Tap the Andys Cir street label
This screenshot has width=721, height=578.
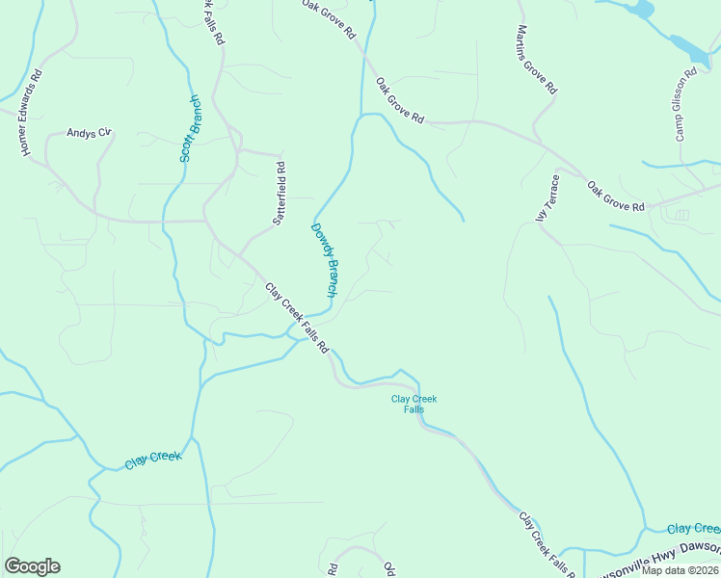pos(90,134)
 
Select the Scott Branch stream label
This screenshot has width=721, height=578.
pos(190,128)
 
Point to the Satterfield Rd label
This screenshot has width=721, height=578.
pos(280,192)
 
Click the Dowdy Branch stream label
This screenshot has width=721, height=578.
pos(324,259)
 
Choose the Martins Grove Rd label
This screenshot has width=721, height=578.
pos(537,60)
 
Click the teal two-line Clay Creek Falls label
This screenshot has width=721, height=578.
pos(414,404)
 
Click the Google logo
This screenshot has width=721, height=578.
pos(32,566)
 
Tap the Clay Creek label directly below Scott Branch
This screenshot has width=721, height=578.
pos(152,460)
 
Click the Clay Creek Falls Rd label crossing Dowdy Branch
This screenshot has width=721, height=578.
pos(297,316)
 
